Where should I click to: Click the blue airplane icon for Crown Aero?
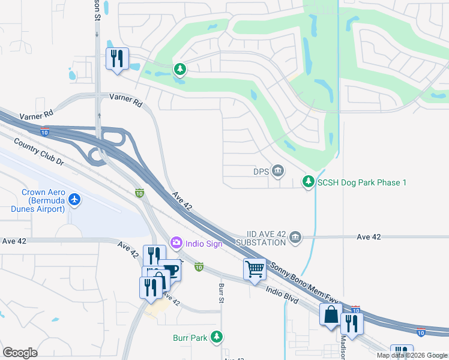[74, 199]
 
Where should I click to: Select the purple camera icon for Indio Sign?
[176, 243]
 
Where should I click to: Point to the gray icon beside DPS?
[278, 172]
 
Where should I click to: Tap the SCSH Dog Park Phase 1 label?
[363, 182]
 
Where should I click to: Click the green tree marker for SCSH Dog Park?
[309, 181]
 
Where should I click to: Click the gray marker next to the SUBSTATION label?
[295, 238]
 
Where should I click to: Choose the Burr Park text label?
[190, 338]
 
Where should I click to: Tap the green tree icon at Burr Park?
[217, 338]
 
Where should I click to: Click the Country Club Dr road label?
[38, 152]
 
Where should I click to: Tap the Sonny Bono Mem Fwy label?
[300, 285]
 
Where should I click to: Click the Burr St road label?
[221, 293]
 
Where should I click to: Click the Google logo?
[20, 352]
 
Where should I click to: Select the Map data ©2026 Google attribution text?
[411, 355]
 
